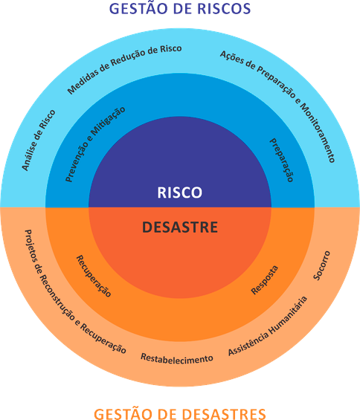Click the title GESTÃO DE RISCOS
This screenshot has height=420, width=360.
click(180, 8)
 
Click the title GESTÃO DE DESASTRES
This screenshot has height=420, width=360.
click(180, 413)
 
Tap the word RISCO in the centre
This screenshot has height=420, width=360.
click(179, 193)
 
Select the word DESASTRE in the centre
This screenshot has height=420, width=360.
click(180, 227)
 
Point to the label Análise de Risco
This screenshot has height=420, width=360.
click(39, 140)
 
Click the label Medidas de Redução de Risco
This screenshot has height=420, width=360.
click(124, 69)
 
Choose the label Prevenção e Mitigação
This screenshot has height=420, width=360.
click(95, 144)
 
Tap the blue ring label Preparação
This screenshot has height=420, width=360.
click(281, 160)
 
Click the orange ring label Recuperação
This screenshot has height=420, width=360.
click(94, 276)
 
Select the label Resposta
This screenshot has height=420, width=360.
click(265, 280)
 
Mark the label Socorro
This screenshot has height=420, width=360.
click(321, 265)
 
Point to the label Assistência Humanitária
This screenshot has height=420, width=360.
click(268, 326)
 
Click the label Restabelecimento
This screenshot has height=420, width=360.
click(177, 358)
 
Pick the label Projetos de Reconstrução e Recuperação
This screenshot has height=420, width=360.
click(75, 291)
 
